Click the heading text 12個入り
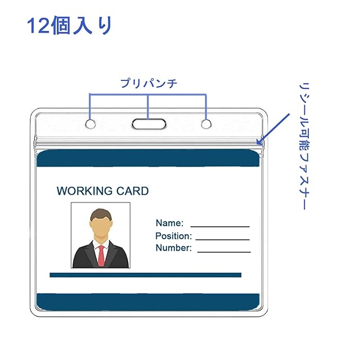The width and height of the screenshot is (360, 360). coord(70,26)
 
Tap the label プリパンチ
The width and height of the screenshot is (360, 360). coord(148,84)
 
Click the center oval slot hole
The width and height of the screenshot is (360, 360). coord(148,124)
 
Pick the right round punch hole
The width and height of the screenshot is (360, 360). coord(206,123)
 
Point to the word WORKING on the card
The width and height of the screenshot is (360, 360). coord(82,191)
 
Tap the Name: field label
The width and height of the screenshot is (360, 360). coord(169,223)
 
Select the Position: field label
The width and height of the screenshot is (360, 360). coord(173,236)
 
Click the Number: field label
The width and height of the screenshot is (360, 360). coord(173,248)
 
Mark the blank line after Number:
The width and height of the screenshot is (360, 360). coord(223,251)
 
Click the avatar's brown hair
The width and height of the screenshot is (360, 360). coord(100,214)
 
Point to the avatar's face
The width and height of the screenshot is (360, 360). coord(100,226)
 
